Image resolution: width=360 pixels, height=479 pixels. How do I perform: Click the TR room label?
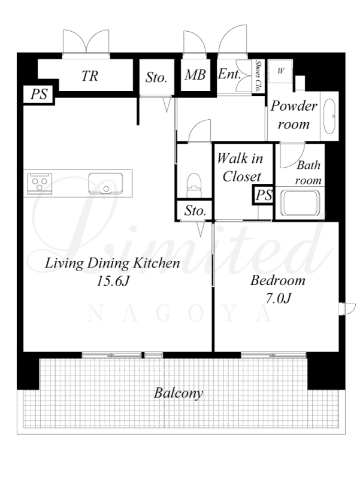[89, 75]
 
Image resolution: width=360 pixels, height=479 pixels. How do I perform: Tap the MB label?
[195, 75]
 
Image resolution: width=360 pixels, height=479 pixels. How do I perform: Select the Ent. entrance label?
[229, 74]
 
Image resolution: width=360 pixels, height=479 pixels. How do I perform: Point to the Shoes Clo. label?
[258, 77]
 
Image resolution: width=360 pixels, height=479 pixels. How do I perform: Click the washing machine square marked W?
[280, 71]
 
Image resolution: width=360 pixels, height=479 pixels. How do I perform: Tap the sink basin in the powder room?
[329, 116]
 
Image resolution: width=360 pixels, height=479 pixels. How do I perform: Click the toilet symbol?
[194, 186]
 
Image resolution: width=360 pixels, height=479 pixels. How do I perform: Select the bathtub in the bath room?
[300, 203]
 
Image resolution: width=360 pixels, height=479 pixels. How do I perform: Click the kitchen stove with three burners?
[40, 183]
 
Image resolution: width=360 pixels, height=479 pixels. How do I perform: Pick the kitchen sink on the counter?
[106, 184]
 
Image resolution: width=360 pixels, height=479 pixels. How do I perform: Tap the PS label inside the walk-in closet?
[264, 195]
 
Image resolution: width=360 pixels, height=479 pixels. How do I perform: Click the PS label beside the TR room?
[39, 94]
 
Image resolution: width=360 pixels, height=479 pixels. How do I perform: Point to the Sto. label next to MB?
[156, 77]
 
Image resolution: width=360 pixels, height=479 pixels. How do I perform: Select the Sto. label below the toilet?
[195, 211]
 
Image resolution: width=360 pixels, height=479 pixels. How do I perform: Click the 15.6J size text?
[113, 281]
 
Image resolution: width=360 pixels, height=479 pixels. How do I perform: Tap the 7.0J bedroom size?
[278, 298]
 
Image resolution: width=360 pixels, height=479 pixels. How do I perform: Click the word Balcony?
[179, 393]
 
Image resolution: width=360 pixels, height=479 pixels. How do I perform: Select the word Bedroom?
[278, 280]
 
